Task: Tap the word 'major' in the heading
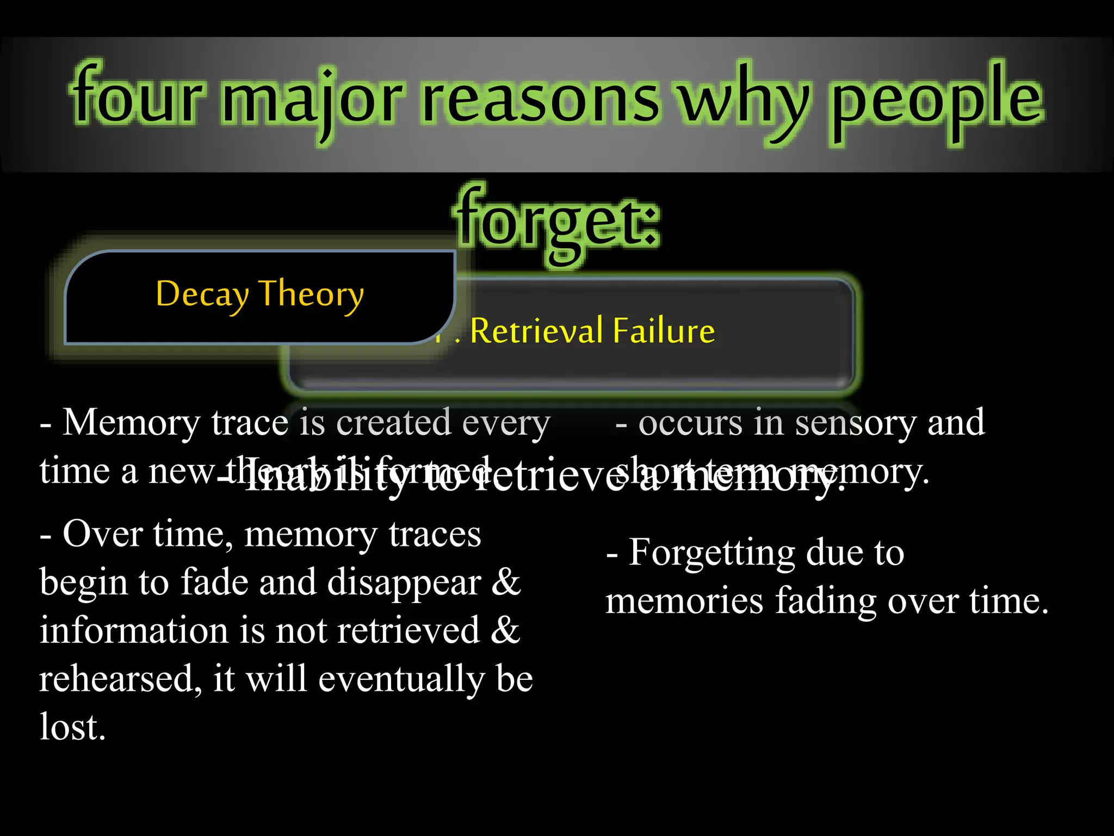point(313,101)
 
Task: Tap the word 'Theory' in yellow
point(311,294)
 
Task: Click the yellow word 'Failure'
point(664,330)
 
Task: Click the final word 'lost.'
point(72,727)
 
